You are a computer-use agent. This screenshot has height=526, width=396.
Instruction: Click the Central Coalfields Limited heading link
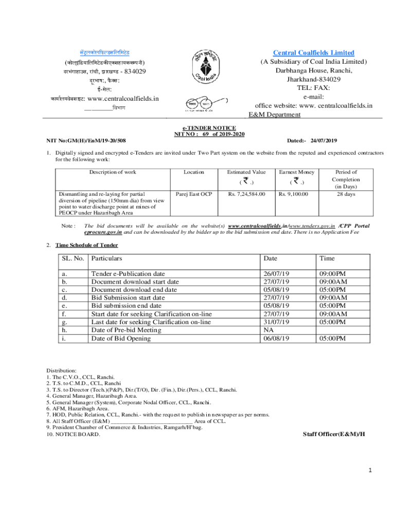(x=313, y=52)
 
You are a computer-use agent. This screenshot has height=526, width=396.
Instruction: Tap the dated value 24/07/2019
(x=323, y=140)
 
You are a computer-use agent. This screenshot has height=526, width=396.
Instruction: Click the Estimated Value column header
(x=250, y=172)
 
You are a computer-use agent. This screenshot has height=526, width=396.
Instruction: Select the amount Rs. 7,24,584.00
(x=249, y=194)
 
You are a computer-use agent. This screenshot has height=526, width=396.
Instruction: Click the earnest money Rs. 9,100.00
(x=297, y=194)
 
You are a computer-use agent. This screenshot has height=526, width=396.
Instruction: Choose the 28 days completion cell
(x=346, y=194)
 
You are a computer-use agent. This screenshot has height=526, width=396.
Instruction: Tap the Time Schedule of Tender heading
(x=86, y=245)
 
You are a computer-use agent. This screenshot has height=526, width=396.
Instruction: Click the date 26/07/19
(x=276, y=274)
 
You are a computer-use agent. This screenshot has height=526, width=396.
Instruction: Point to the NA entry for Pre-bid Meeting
(x=268, y=330)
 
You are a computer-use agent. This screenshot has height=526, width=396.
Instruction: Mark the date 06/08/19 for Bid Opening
(x=276, y=339)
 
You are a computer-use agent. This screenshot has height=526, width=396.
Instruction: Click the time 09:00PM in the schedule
(x=332, y=274)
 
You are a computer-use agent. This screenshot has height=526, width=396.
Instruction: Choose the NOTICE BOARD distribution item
(x=73, y=434)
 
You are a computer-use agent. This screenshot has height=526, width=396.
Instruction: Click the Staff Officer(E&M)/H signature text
(x=334, y=434)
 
